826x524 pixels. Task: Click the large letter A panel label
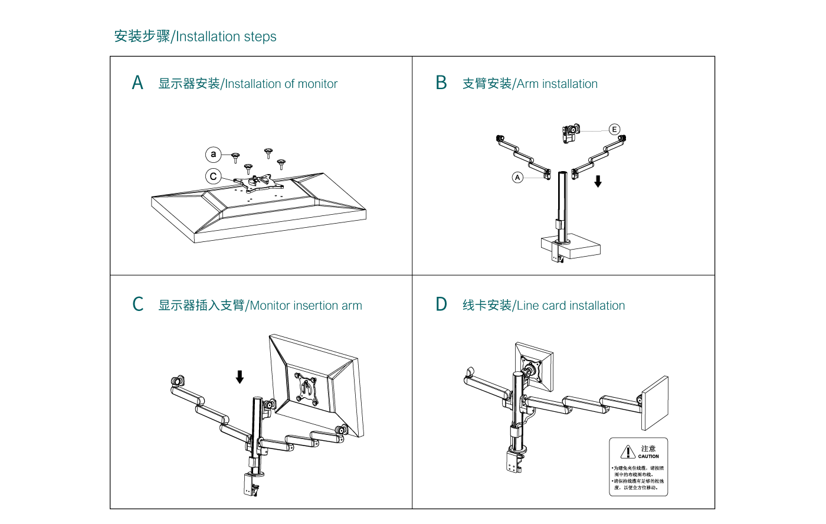(x=137, y=83)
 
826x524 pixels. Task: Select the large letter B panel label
(x=441, y=83)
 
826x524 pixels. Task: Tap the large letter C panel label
(x=138, y=304)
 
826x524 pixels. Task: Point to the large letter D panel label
(x=441, y=304)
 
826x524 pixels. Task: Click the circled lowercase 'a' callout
(x=213, y=155)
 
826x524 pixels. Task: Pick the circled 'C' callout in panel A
(x=214, y=176)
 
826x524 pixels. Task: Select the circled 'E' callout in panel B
(x=614, y=129)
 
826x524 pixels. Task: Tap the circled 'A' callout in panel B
(x=517, y=177)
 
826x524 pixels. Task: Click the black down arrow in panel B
(x=598, y=181)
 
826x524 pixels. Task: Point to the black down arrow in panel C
(x=240, y=376)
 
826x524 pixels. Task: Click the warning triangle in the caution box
(x=628, y=452)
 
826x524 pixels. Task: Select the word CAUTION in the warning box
(x=648, y=456)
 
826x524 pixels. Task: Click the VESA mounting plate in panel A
(x=254, y=182)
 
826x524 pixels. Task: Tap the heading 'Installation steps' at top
(x=226, y=37)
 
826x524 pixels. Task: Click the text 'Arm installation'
(x=557, y=84)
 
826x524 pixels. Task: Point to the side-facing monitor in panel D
(x=655, y=403)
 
